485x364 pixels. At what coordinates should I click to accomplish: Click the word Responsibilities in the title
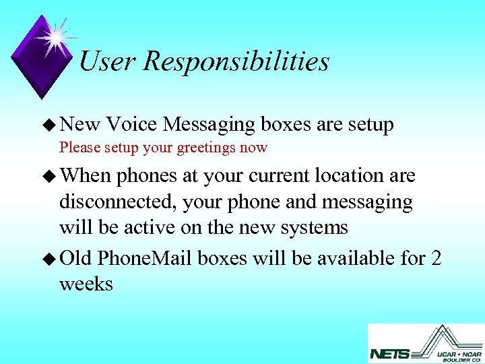[236, 62]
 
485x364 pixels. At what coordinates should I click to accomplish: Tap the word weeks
[86, 284]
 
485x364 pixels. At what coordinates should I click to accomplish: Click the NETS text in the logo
[389, 353]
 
